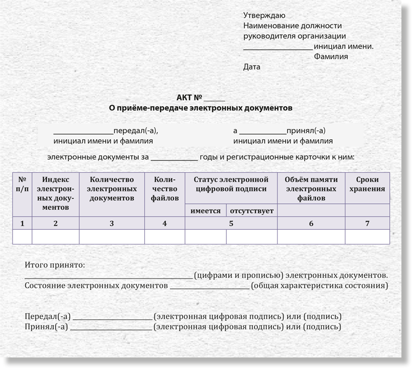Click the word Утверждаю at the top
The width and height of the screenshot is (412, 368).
click(x=265, y=15)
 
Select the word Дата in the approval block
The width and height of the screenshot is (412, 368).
click(x=252, y=67)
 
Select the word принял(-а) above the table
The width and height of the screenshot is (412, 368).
click(x=306, y=131)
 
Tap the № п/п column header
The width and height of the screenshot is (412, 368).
click(x=22, y=184)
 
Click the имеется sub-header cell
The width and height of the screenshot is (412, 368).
click(x=205, y=210)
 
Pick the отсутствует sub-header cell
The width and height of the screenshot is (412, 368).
click(x=252, y=210)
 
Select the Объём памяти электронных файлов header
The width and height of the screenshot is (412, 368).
click(x=311, y=189)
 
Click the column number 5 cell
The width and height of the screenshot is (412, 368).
click(x=231, y=223)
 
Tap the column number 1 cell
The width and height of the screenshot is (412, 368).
click(x=22, y=223)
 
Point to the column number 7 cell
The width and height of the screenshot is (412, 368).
click(x=367, y=223)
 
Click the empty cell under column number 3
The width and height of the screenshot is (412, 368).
click(x=112, y=237)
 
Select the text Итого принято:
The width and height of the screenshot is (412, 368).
click(x=55, y=266)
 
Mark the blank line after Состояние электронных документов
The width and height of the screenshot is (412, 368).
click(x=210, y=287)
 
